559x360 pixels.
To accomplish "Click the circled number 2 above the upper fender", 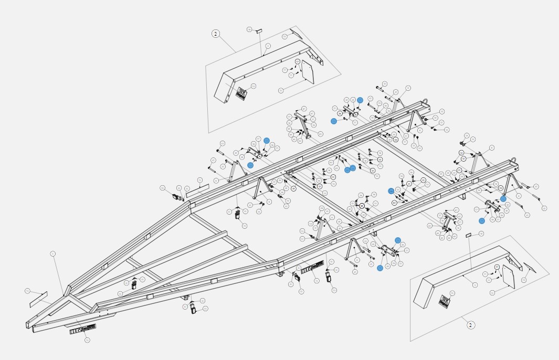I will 216,34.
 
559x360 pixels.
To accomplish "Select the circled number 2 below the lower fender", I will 470,325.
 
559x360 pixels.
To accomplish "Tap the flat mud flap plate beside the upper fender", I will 308,72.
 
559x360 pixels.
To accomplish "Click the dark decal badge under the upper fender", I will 241,93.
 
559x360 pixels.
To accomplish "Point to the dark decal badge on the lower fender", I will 445,301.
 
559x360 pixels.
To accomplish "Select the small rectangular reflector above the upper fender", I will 258,31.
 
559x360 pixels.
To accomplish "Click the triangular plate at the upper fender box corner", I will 296,33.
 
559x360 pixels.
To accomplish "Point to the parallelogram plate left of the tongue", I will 39,299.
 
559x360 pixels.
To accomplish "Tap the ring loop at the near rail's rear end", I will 514,161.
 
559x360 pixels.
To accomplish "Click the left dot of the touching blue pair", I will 347,170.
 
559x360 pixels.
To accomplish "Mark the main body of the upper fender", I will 262,68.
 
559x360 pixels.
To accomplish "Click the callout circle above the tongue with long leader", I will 52,254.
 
